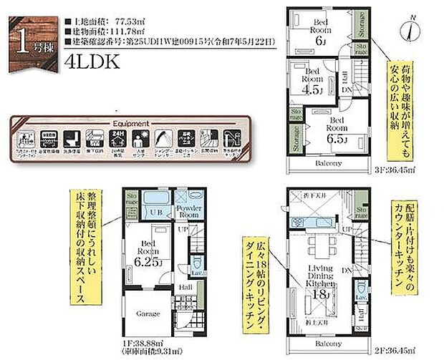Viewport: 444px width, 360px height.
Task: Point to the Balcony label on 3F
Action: click(327, 163)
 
